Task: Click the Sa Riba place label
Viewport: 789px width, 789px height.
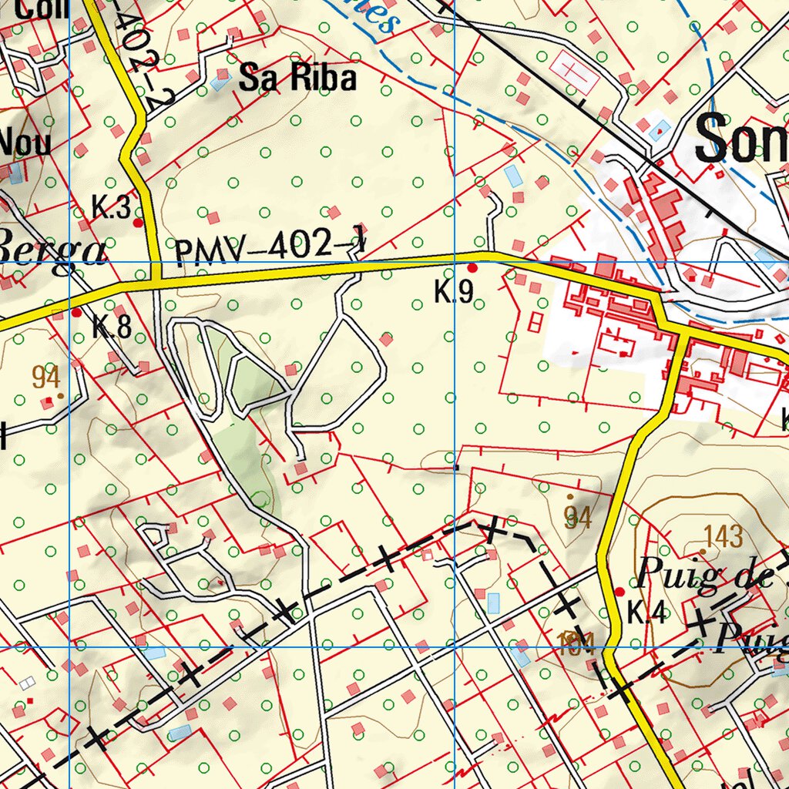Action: [297, 79]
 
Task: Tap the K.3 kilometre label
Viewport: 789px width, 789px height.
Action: [111, 208]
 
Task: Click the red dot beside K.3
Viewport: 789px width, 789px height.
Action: [138, 223]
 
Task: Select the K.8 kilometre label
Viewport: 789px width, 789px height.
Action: [112, 327]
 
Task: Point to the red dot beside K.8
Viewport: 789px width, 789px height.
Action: [76, 313]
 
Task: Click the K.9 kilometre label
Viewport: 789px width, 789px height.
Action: [453, 293]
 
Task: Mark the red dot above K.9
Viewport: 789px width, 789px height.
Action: [472, 268]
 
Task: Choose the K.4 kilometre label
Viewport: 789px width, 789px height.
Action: [645, 613]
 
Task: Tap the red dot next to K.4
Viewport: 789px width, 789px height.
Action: [619, 592]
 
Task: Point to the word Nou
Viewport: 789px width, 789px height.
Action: [25, 143]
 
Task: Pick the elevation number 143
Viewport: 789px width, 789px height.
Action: [724, 536]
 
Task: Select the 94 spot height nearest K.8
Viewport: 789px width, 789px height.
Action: [46, 378]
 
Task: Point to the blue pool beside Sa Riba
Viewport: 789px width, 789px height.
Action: [220, 82]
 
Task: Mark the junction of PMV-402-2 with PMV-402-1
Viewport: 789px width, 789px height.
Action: [156, 280]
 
